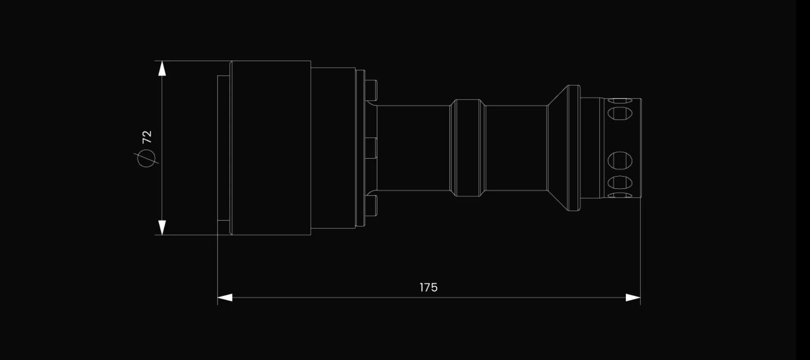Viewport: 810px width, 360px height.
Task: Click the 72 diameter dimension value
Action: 147,137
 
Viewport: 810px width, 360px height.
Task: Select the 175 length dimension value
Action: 429,287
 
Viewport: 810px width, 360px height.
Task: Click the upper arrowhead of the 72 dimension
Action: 162,68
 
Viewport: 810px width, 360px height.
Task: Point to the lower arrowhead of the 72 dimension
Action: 162,227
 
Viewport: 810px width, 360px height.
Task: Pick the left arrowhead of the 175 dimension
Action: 225,298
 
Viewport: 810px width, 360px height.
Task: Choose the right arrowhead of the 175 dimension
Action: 633,298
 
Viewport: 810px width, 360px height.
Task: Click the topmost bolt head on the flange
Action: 371,91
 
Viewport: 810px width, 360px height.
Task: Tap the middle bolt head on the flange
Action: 371,148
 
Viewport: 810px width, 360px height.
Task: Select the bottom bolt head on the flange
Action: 371,205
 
